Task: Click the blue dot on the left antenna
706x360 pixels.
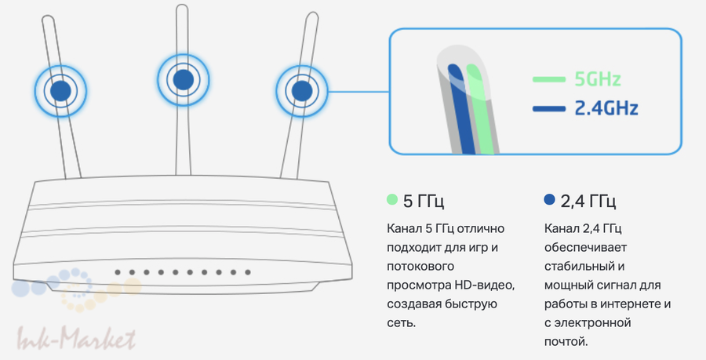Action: [60, 90]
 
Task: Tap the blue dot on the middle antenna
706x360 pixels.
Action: [184, 79]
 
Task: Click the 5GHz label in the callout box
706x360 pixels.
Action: [598, 79]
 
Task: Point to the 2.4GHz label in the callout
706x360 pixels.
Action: [606, 108]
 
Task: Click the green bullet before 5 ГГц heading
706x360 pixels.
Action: [392, 200]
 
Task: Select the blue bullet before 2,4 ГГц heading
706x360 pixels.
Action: [549, 200]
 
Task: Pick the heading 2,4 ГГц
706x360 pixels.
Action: [588, 201]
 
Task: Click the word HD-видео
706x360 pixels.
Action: [484, 284]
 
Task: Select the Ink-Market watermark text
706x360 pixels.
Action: [77, 339]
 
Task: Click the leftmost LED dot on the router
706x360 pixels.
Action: [117, 273]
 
